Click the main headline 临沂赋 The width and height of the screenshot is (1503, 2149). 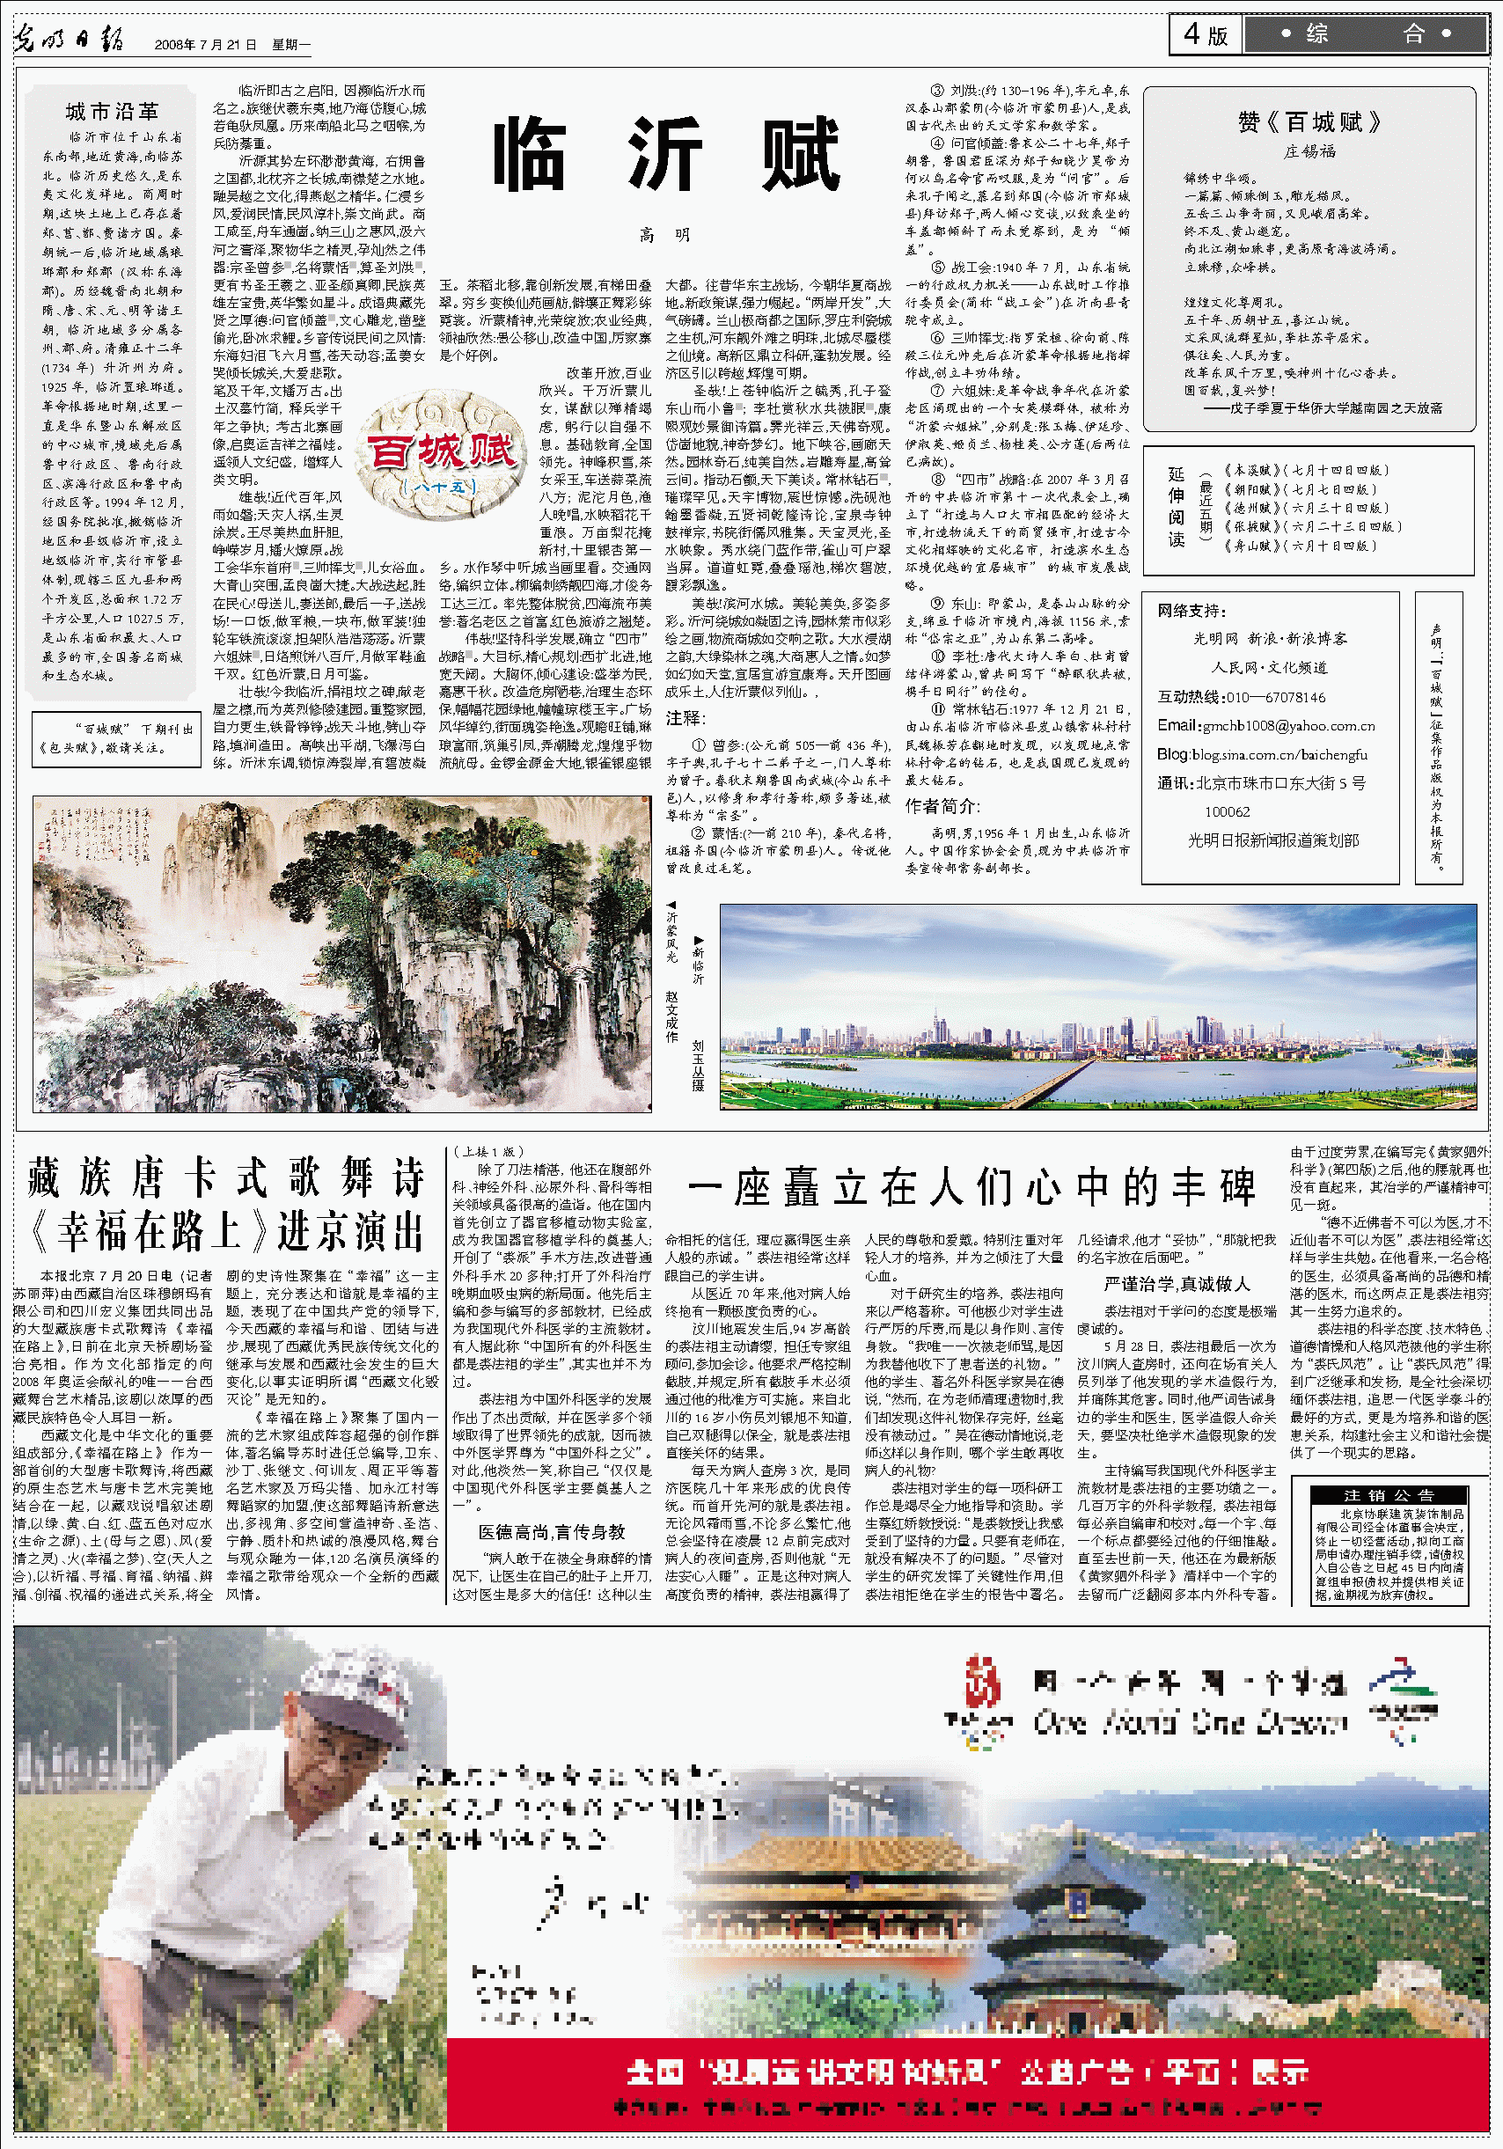665,154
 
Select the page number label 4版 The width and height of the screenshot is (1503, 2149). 1206,34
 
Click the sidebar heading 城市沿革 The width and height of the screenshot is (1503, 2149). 113,113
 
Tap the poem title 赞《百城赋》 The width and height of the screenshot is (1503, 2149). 1309,122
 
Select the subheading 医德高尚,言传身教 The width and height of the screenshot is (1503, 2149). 551,1532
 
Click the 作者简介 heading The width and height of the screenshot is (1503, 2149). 942,806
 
